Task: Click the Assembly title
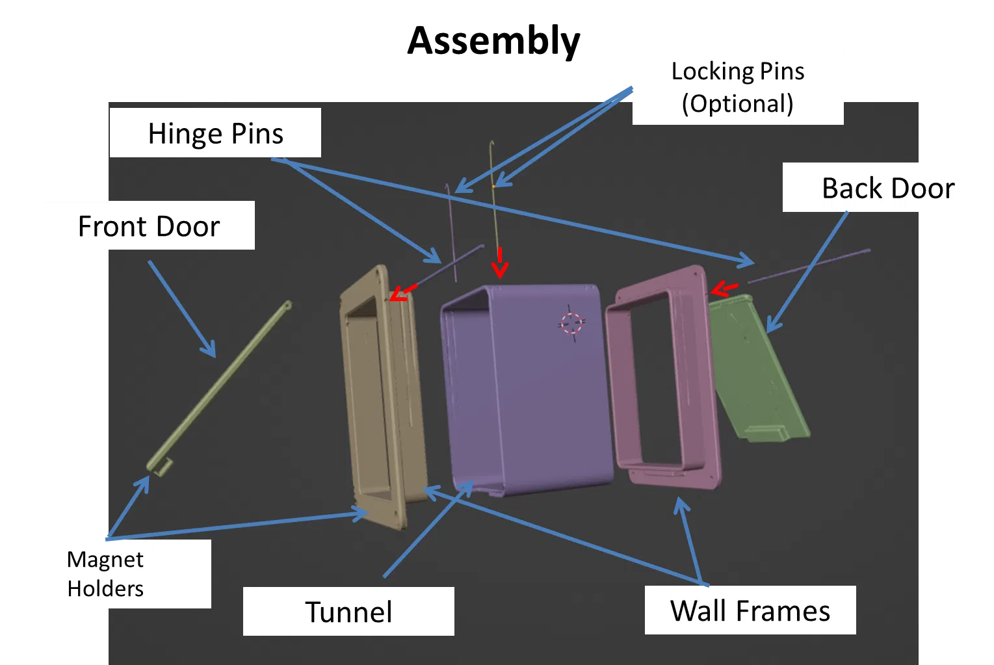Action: [x=493, y=41]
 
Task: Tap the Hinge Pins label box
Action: [x=215, y=133]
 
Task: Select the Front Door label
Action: [x=149, y=226]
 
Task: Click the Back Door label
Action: [x=887, y=188]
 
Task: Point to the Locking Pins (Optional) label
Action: [x=738, y=87]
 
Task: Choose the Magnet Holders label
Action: [x=105, y=573]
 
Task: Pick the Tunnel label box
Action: [x=348, y=611]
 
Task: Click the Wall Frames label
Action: [x=750, y=610]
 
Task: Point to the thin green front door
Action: [x=218, y=387]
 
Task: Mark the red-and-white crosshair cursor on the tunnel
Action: [x=571, y=322]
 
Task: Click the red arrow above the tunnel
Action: [x=499, y=263]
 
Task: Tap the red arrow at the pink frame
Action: [x=724, y=288]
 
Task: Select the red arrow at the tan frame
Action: [x=403, y=293]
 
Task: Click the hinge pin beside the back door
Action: [x=809, y=265]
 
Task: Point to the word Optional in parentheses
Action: [x=738, y=104]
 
